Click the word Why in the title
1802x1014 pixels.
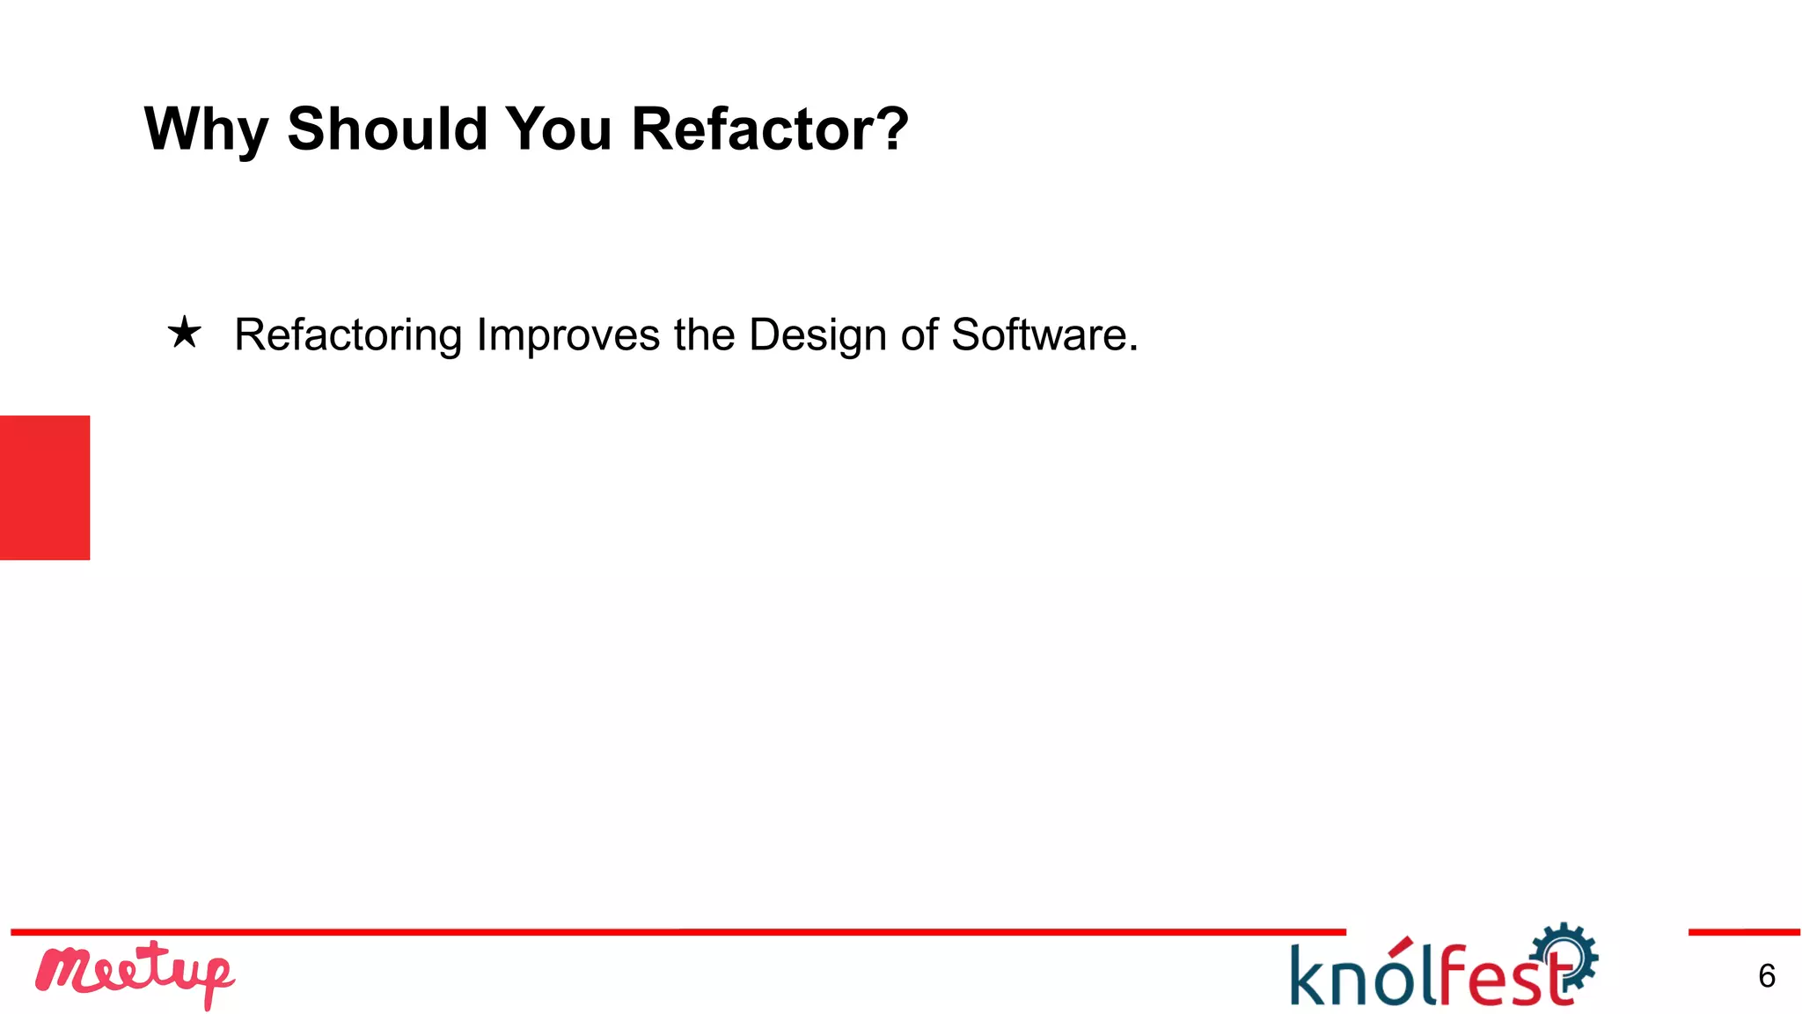pyautogui.click(x=206, y=130)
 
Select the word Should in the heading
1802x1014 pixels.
pyautogui.click(x=387, y=129)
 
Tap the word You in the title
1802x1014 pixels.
pyautogui.click(x=559, y=129)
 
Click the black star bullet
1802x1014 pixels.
pyautogui.click(x=185, y=334)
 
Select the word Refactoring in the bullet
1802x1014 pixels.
pyautogui.click(x=348, y=335)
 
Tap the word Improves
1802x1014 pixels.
pyautogui.click(x=568, y=335)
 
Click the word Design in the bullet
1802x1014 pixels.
pyautogui.click(x=817, y=335)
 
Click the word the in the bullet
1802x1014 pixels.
pyautogui.click(x=705, y=335)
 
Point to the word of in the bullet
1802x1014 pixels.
pyautogui.click(x=919, y=335)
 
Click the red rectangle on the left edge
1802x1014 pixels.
pyautogui.click(x=45, y=487)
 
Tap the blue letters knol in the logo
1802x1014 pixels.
pyautogui.click(x=1359, y=975)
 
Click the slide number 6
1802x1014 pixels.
pyautogui.click(x=1766, y=975)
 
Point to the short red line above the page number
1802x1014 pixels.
pyautogui.click(x=1743, y=931)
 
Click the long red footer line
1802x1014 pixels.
pyautogui.click(x=678, y=931)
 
